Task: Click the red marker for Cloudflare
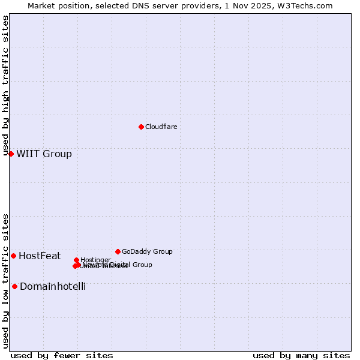[x=141, y=127]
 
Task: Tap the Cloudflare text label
[x=161, y=127]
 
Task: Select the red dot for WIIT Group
[x=11, y=154]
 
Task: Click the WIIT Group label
[x=44, y=154]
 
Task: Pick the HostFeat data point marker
[x=13, y=256]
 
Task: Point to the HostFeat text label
[x=40, y=256]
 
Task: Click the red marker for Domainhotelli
[x=14, y=286]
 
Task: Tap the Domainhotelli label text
[x=53, y=286]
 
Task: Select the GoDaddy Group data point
[x=118, y=251]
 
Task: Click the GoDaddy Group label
[x=147, y=251]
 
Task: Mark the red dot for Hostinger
[x=76, y=260]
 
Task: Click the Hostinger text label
[x=95, y=260]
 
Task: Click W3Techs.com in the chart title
[x=307, y=5]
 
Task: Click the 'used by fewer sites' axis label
[x=62, y=356]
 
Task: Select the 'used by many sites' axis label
[x=301, y=356]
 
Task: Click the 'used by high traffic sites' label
[x=5, y=86]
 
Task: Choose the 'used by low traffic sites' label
[x=5, y=281]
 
